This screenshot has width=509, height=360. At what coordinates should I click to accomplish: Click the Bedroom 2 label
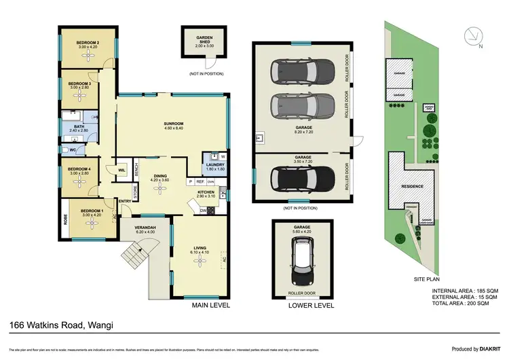coord(88,43)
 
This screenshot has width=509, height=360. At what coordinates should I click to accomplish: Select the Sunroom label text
coord(174,124)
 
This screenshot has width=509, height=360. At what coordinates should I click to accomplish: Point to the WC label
coord(73,149)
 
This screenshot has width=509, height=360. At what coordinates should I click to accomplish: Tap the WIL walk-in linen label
coord(121,170)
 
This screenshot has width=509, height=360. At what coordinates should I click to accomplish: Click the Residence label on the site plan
coord(413,187)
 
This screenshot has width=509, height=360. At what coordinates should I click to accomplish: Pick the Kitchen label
coord(206,192)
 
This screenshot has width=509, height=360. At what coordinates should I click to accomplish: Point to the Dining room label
coord(160,176)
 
